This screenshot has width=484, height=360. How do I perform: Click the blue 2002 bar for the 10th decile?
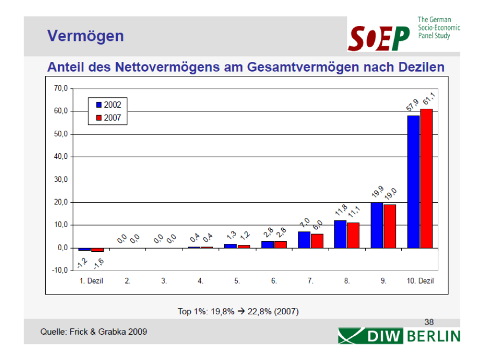(414, 181)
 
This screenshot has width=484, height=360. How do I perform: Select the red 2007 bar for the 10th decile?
(426, 178)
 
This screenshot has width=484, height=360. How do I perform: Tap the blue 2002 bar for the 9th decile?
(377, 225)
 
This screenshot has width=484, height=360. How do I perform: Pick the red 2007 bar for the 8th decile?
(353, 235)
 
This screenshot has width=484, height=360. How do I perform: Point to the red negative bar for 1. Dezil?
(97, 250)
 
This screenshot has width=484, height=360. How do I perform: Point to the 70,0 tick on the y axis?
(61, 88)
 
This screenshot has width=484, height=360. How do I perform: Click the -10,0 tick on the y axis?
(60, 270)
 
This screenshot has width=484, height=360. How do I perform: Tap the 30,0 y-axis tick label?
(61, 180)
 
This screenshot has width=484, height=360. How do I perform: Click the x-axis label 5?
(237, 281)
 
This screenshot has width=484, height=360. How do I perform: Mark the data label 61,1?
(429, 100)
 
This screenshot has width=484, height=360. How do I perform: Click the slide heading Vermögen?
(86, 36)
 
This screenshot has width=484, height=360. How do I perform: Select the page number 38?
(429, 322)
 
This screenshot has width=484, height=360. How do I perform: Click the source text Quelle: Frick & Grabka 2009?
(94, 331)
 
